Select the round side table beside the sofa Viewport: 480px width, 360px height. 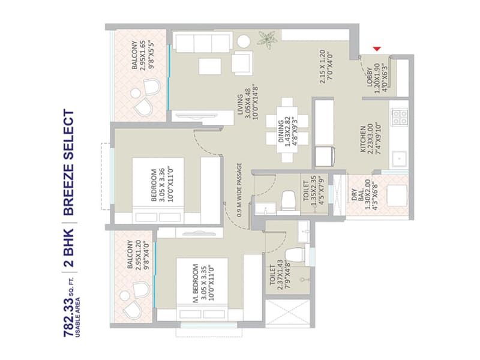pyautogui.click(x=243, y=40)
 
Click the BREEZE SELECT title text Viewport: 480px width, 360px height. pyautogui.click(x=68, y=162)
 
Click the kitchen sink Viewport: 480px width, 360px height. pyautogui.click(x=398, y=158)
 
